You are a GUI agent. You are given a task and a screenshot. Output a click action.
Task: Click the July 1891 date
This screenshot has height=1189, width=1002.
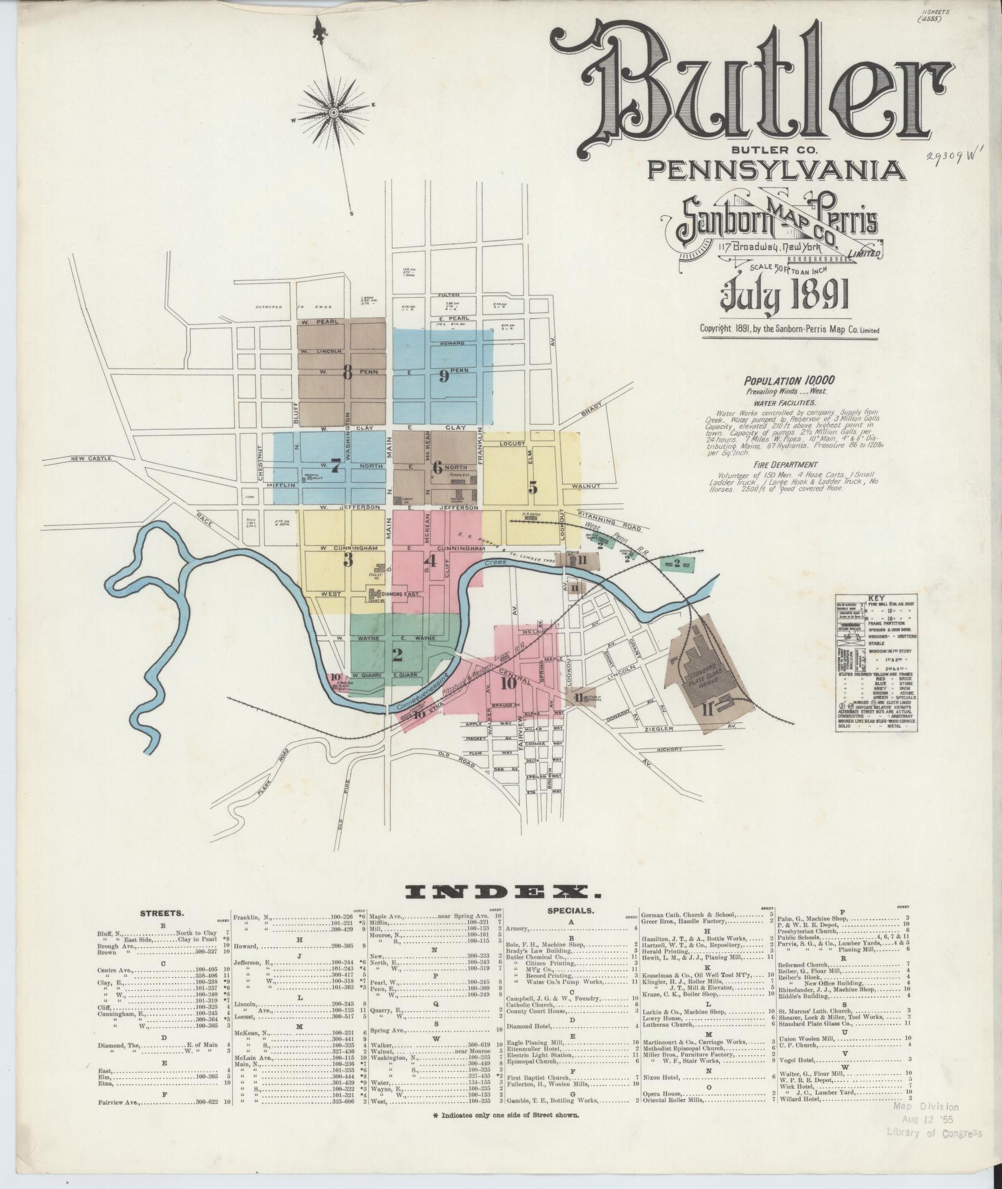(784, 296)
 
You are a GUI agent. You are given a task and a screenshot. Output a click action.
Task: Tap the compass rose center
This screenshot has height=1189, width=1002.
(333, 112)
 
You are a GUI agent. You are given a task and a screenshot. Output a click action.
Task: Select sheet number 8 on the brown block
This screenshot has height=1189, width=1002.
(347, 373)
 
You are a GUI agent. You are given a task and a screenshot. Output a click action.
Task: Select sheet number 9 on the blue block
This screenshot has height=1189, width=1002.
(443, 375)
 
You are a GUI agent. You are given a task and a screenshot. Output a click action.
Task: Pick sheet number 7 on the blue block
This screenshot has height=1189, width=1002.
(335, 466)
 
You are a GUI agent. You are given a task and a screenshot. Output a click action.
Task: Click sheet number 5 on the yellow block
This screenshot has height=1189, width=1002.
(532, 487)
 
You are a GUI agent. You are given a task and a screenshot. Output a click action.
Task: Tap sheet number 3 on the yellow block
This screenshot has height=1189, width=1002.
(348, 560)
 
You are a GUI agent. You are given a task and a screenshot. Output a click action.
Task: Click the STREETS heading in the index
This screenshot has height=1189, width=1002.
(162, 914)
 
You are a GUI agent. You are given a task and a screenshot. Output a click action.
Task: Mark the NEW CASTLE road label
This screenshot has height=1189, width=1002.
(91, 459)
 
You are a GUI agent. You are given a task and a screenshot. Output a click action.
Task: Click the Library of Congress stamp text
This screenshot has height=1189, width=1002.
(935, 1132)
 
